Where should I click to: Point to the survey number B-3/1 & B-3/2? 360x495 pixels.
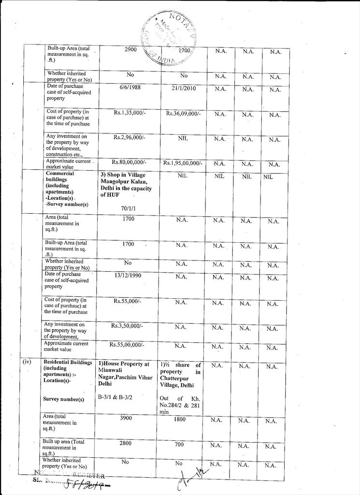coord(115,397)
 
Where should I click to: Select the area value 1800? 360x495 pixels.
coord(179,420)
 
